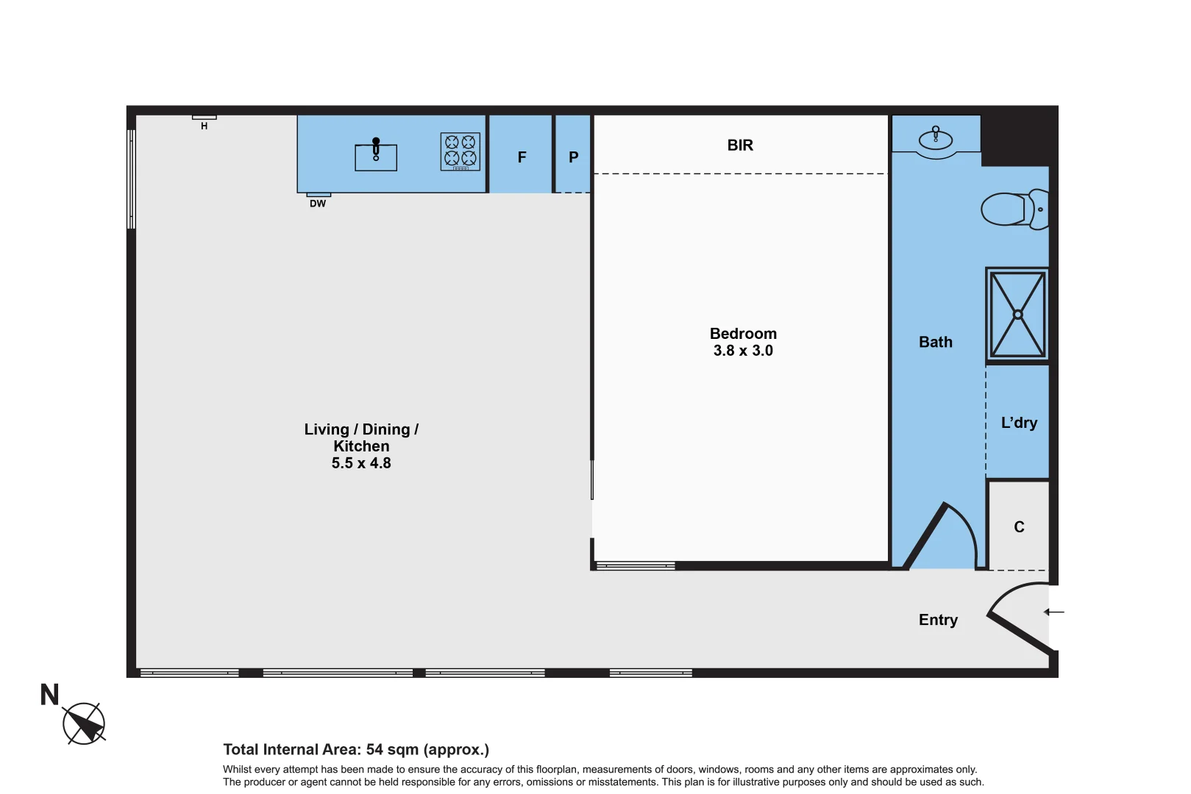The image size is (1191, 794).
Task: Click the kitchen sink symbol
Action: (376, 157)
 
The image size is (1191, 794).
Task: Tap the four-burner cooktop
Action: (461, 151)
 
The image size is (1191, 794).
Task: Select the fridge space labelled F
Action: (522, 157)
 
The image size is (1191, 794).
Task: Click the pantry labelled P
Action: (573, 157)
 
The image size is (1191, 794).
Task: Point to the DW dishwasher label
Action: (318, 204)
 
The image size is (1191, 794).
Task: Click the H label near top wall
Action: (204, 126)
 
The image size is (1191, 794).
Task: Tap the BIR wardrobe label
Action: (740, 146)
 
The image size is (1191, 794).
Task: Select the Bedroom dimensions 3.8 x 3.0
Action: (743, 351)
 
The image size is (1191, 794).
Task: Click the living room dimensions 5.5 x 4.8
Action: (361, 463)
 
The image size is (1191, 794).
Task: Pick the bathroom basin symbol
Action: (936, 139)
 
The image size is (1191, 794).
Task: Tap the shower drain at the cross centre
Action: (1018, 315)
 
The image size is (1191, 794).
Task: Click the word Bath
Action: (935, 342)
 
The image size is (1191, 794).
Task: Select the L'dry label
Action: (1019, 423)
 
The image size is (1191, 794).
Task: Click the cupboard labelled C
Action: (1019, 527)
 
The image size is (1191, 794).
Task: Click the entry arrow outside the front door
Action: (1054, 612)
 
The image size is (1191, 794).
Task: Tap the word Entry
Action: (938, 620)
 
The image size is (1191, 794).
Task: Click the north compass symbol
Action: (84, 723)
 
